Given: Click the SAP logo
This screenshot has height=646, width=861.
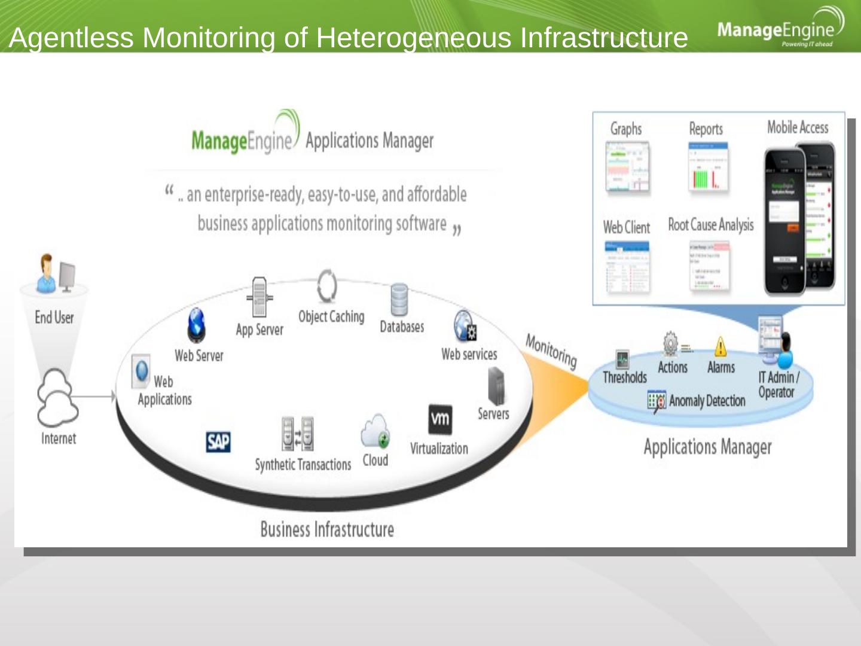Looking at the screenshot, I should point(218,442).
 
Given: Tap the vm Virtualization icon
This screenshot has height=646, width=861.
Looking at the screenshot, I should point(440,419).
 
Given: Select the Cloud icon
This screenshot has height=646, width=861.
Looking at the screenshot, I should point(375,431).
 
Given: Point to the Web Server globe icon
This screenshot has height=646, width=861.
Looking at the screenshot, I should point(196,325).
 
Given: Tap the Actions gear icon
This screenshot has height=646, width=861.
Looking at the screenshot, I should point(671,344).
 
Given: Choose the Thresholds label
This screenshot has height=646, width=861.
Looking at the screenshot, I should point(625,377).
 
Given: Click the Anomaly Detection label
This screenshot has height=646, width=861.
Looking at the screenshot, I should point(707,401).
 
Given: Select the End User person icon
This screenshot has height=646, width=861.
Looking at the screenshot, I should point(48,273).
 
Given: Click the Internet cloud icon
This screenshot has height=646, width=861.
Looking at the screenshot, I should point(57,396).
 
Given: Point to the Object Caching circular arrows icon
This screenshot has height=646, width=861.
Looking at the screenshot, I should point(327,287).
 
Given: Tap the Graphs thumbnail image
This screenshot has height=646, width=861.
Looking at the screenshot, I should point(627,169).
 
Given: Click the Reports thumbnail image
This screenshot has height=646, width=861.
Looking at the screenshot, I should point(708,169).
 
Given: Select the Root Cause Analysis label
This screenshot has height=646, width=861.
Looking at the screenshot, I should point(711,225).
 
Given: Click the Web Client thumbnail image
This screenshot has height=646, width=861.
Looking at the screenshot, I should point(627,267).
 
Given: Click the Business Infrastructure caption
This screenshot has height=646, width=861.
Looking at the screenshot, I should point(327,529).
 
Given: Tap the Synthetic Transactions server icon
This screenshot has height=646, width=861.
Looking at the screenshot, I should point(298,434).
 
